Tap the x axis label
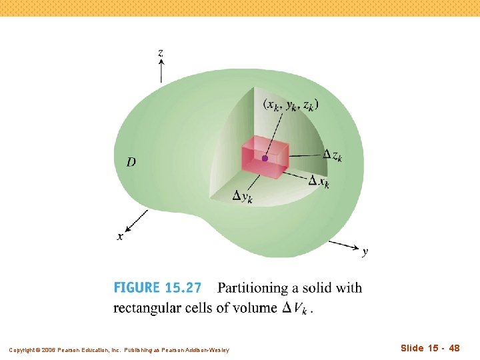[120, 236]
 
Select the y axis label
[365, 252]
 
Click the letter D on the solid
[131, 162]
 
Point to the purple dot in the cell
[265, 158]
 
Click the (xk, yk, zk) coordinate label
[291, 105]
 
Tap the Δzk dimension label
[333, 155]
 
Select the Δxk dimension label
[319, 181]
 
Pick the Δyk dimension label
[242, 196]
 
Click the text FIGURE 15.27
[157, 288]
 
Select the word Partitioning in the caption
[256, 288]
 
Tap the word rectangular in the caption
[148, 307]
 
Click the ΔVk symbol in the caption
[294, 308]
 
